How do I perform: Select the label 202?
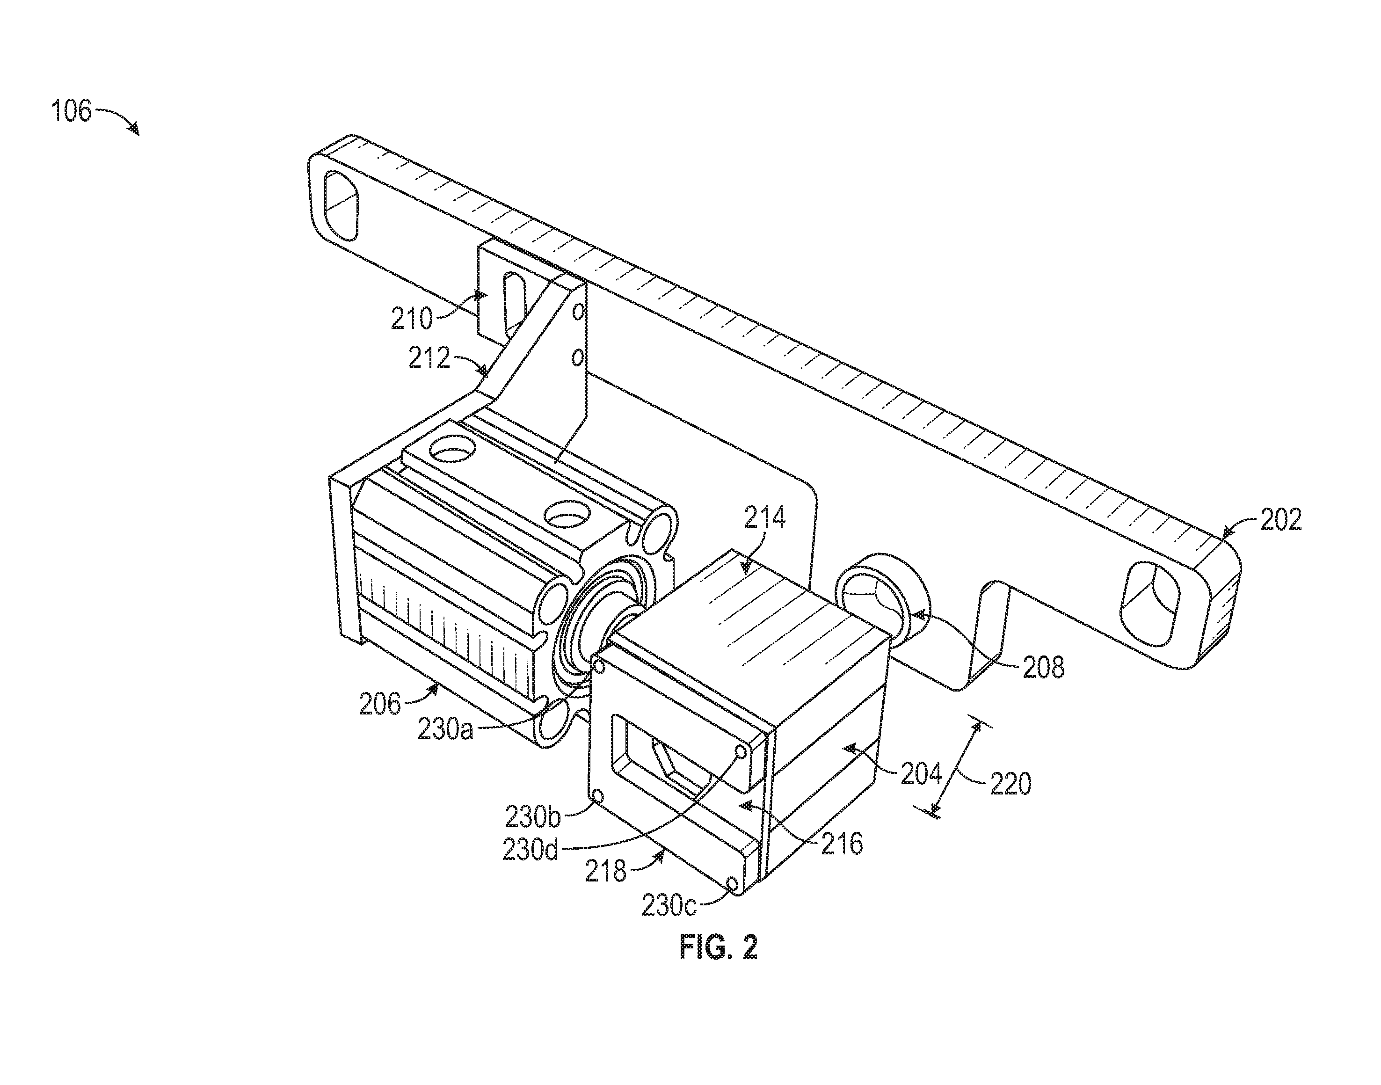[x=1280, y=520]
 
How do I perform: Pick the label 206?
[x=380, y=704]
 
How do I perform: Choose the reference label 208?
[x=1043, y=667]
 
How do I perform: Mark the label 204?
[x=921, y=774]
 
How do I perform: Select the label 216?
[x=842, y=844]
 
